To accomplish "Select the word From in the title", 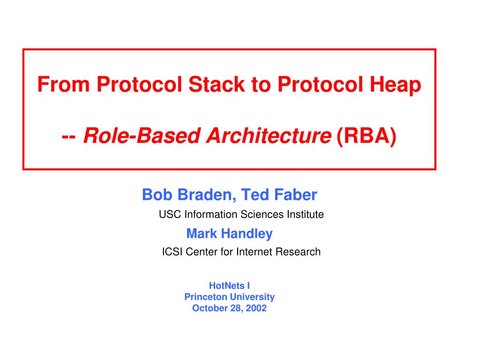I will coord(64,84).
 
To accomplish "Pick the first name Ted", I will coord(257,194).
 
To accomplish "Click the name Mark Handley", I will coord(229,233).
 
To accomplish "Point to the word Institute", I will coord(305,215).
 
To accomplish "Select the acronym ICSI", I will coord(172,252).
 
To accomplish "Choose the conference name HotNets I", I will coord(229,285).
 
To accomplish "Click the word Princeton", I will coord(206,297).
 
